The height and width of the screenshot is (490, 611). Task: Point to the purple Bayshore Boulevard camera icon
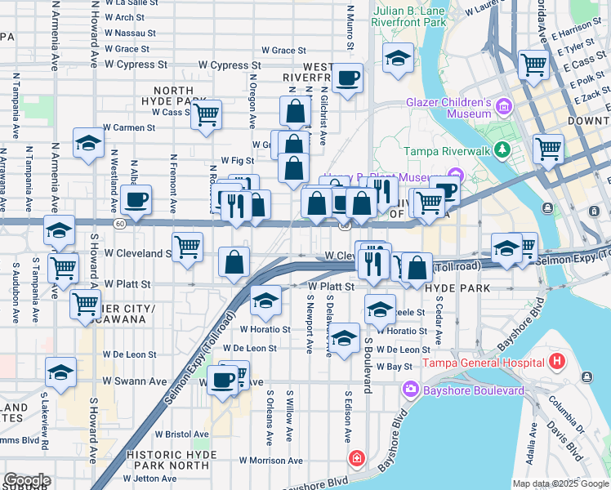[410, 391]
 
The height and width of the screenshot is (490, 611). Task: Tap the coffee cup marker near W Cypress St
[348, 79]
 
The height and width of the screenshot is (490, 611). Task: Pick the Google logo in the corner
[26, 480]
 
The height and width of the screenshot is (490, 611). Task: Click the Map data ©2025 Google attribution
[560, 483]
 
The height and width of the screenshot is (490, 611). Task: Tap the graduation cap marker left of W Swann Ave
[61, 372]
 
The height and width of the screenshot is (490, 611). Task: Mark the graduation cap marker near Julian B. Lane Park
[398, 59]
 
